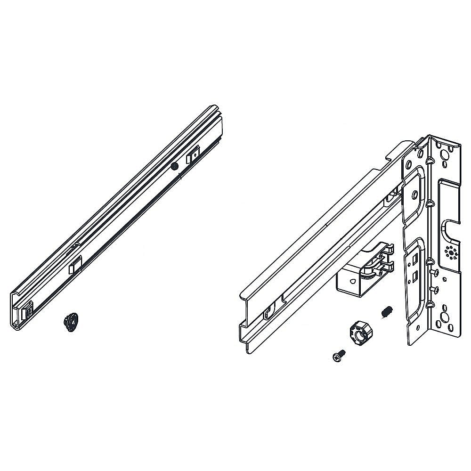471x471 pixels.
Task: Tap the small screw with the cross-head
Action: pyautogui.click(x=338, y=357)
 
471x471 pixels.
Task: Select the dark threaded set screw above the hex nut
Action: pyautogui.click(x=386, y=311)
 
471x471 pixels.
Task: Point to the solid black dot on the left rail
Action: pyautogui.click(x=175, y=165)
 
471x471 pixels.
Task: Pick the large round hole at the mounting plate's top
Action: pyautogui.click(x=444, y=155)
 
